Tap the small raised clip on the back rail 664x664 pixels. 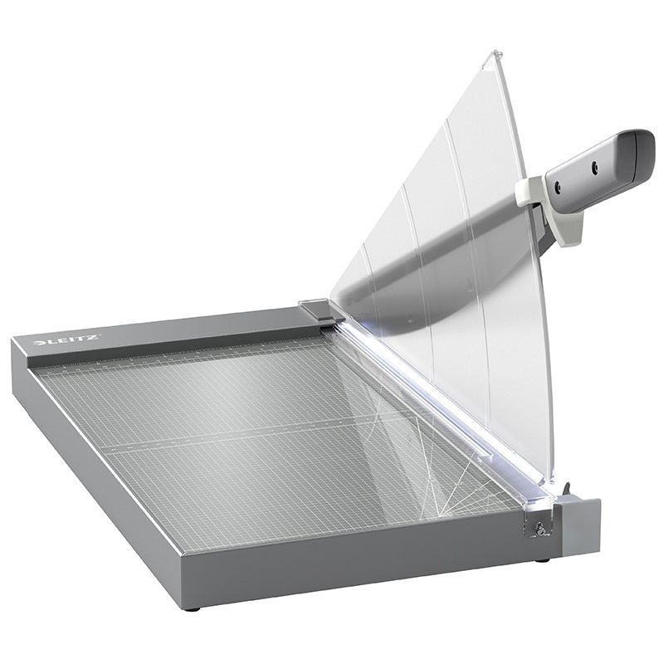click(314, 308)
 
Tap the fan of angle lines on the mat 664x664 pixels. click(465, 490)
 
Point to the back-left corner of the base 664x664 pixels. click(17, 338)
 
